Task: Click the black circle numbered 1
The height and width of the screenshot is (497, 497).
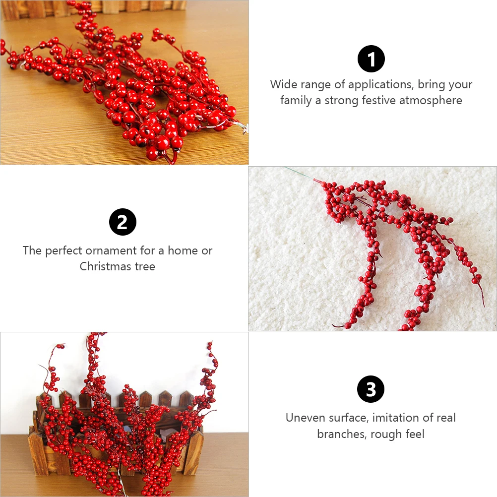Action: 371,59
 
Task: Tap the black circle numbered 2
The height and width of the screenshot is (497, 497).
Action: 123,222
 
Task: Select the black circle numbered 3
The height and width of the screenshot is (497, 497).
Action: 371,389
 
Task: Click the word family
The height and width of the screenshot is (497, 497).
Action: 296,100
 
